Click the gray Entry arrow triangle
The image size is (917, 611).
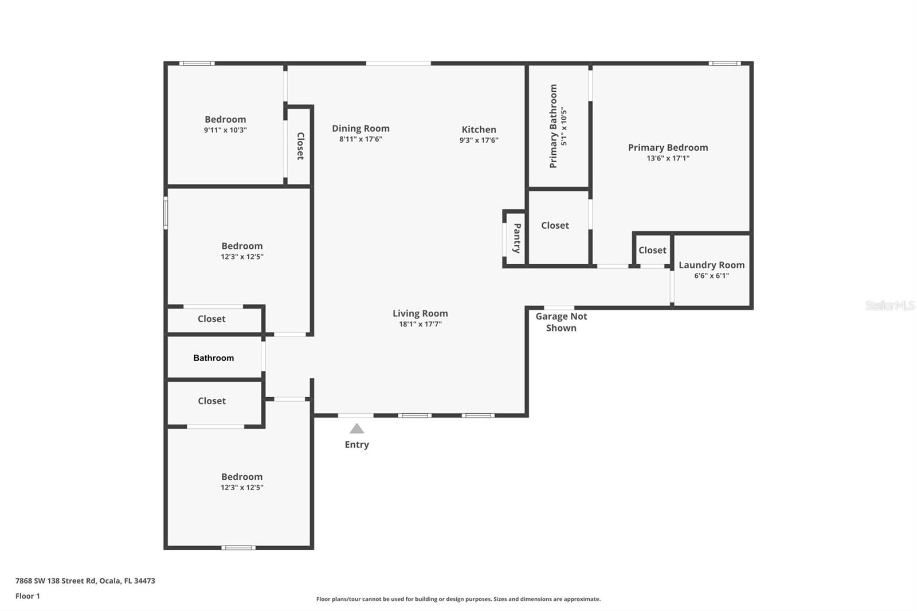point(356,429)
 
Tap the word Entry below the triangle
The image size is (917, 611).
point(356,445)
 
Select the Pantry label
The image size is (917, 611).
point(517,238)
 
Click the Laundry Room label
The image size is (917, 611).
point(711,265)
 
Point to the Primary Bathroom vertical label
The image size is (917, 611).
point(554,126)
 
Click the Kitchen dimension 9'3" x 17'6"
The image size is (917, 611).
point(479,140)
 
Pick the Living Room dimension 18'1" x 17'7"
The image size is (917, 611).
point(420,324)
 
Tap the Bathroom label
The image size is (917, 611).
point(213,358)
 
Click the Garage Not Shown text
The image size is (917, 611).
point(561,322)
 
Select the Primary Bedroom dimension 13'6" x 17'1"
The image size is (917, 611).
point(668,158)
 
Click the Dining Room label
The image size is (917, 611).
point(360,128)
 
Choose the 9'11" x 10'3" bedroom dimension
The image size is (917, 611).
point(225,130)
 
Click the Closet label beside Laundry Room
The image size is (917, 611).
point(652,250)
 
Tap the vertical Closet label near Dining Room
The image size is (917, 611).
point(300,146)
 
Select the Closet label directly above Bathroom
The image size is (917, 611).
point(211,319)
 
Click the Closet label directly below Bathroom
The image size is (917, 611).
point(211,401)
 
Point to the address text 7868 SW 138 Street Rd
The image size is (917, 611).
point(85,581)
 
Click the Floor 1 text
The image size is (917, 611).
point(28,596)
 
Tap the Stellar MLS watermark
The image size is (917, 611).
point(889,305)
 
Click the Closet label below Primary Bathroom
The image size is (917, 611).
point(555,225)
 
